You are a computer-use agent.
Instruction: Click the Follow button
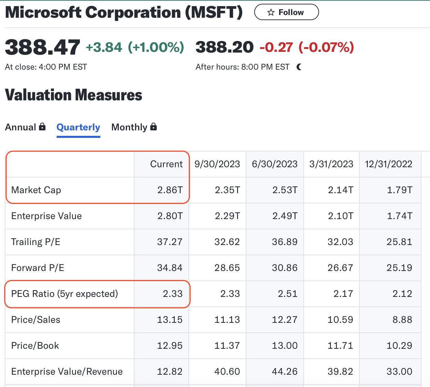pyautogui.click(x=286, y=12)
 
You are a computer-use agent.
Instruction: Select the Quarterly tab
pyautogui.click(x=78, y=127)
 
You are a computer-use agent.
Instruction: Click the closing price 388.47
pyautogui.click(x=42, y=47)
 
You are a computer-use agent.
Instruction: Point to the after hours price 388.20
pyautogui.click(x=225, y=47)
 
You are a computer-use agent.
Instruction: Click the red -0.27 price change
pyautogui.click(x=276, y=47)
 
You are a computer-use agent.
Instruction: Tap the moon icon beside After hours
pyautogui.click(x=299, y=67)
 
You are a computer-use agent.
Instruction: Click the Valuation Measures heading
pyautogui.click(x=73, y=95)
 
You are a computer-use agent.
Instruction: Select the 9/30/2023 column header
pyautogui.click(x=217, y=164)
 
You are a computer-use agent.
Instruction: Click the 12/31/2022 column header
pyautogui.click(x=388, y=164)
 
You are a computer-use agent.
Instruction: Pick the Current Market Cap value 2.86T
pyautogui.click(x=170, y=190)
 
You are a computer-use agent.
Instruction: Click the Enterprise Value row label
pyautogui.click(x=46, y=216)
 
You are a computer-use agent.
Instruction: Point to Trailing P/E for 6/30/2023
pyautogui.click(x=285, y=242)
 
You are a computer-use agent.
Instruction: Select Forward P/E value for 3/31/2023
pyautogui.click(x=340, y=268)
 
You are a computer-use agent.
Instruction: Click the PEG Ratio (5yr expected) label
pyautogui.click(x=64, y=294)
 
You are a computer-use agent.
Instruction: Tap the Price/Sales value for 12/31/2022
pyautogui.click(x=402, y=320)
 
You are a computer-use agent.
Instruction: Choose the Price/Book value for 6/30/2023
pyautogui.click(x=285, y=346)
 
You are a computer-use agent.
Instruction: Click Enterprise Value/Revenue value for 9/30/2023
pyautogui.click(x=227, y=372)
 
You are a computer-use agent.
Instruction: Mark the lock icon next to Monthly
pyautogui.click(x=154, y=127)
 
